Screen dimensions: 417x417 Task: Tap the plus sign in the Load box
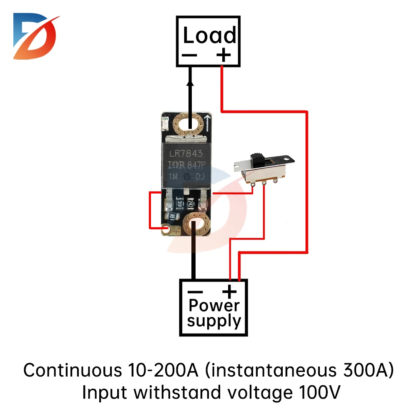[224, 55]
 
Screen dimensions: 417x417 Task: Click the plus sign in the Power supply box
[229, 291]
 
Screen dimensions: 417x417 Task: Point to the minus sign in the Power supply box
[195, 291]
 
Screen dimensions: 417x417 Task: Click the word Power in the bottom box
[214, 306]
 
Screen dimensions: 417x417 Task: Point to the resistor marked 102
[171, 216]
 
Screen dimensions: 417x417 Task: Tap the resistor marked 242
[190, 203]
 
